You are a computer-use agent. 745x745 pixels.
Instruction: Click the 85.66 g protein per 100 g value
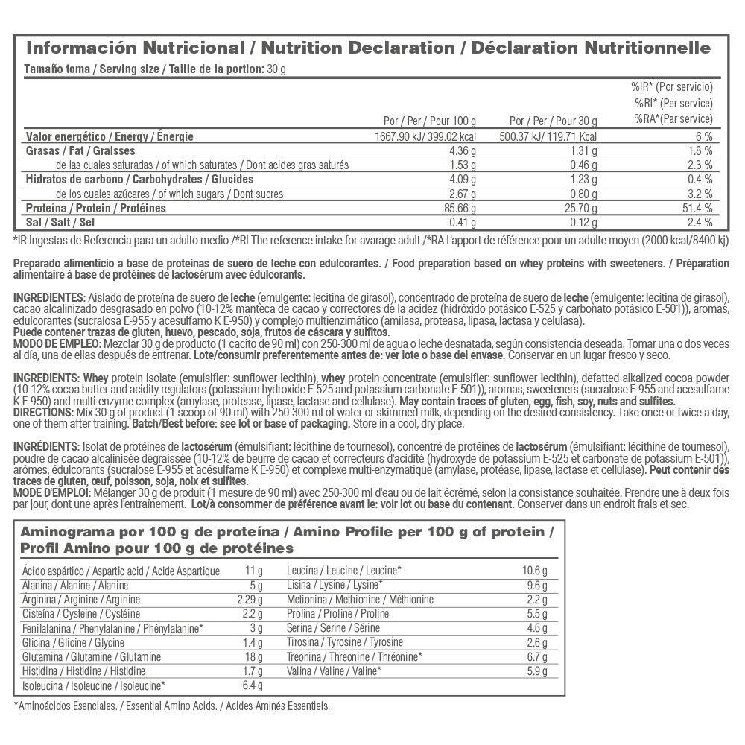[x=458, y=208]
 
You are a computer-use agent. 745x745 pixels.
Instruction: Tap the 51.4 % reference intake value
[x=697, y=208]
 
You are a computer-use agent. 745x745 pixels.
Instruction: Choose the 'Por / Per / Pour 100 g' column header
[x=429, y=121]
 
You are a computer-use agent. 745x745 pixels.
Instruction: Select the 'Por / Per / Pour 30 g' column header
[x=553, y=121]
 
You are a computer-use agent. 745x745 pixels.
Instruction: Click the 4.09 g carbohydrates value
[x=460, y=180]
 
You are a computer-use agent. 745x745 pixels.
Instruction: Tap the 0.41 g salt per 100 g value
[x=463, y=222]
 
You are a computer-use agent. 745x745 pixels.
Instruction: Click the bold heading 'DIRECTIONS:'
[x=44, y=413]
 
